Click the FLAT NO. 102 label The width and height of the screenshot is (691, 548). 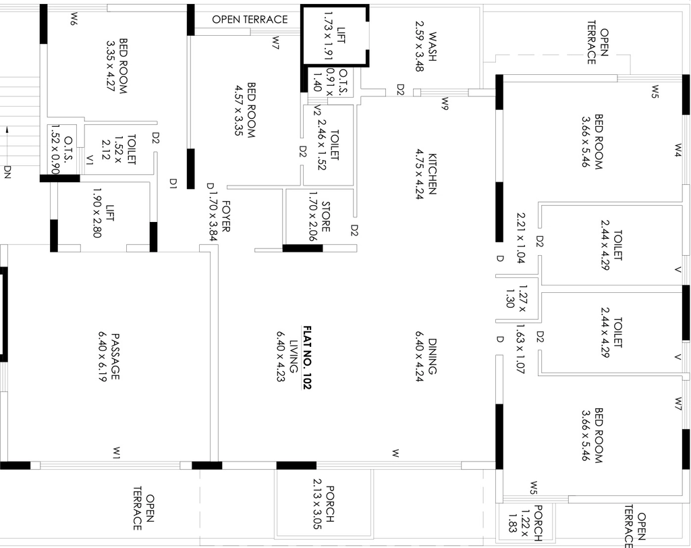(x=307, y=358)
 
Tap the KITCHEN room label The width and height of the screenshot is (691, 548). (x=433, y=173)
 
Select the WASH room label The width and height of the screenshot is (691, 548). (x=433, y=47)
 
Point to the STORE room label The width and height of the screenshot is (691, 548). (x=326, y=217)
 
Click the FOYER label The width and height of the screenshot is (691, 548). (x=225, y=216)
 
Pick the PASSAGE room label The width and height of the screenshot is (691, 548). (x=115, y=356)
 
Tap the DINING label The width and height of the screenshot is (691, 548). (x=433, y=356)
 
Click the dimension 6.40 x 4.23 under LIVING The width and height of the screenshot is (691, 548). (x=281, y=356)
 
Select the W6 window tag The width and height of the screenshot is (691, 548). (x=74, y=18)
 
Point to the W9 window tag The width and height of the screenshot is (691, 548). (x=445, y=104)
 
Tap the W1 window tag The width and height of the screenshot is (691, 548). (x=116, y=453)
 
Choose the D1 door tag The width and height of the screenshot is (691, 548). (x=173, y=184)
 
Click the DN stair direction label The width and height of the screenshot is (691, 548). (x=7, y=172)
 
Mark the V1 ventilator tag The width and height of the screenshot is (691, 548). (x=90, y=159)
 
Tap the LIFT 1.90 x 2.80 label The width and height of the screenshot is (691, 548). (x=104, y=213)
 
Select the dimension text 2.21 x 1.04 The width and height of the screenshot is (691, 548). (x=520, y=238)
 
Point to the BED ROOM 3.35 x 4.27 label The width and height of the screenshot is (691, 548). (x=117, y=66)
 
